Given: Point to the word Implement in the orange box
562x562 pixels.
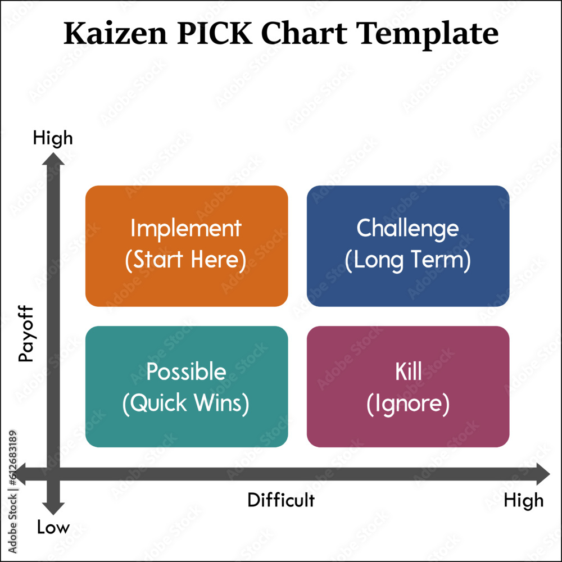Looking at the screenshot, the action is pos(186,229).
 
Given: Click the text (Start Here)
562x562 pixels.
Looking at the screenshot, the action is pos(186,260).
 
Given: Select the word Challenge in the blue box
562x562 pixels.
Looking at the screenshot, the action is pos(408,228).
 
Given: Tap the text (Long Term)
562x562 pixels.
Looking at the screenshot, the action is pos(408,260).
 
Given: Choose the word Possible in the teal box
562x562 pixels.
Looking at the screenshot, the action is pos(186,372).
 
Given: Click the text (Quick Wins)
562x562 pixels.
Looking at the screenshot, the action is pos(186,404).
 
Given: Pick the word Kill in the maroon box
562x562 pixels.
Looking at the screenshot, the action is pos(408,372).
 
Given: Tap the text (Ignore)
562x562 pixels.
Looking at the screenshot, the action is pos(408,404).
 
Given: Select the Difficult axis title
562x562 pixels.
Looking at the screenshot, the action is pos(281,500).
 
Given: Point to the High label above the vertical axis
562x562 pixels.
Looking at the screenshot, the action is pos(53,138).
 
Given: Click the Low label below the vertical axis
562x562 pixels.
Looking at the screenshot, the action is pos(53,527).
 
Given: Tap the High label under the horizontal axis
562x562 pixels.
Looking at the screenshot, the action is pos(523,500).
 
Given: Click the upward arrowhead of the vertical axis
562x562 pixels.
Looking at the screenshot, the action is pos(54,161).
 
